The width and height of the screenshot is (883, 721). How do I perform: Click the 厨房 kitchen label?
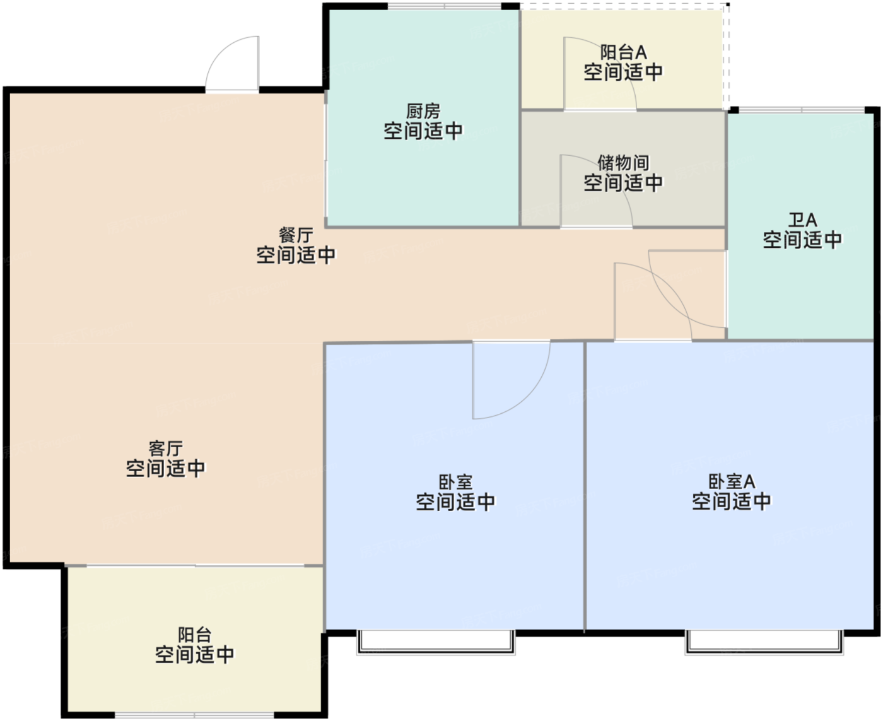tap(423, 112)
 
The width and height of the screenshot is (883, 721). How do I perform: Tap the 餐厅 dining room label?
tap(296, 235)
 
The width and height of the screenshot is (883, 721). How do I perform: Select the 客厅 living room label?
tap(165, 448)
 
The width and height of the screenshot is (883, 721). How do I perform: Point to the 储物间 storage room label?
tap(623, 163)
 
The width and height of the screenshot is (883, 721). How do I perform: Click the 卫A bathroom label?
tap(802, 220)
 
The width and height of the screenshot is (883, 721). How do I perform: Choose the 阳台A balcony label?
tap(623, 52)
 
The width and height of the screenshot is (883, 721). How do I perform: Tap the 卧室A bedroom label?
tap(731, 481)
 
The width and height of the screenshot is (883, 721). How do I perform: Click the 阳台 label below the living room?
tap(194, 635)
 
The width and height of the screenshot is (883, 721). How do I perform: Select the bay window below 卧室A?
tap(764, 642)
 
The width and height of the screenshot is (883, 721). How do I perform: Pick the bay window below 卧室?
tap(436, 642)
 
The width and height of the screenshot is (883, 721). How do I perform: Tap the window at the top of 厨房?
tap(444, 6)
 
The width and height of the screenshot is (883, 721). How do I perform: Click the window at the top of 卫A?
tap(802, 110)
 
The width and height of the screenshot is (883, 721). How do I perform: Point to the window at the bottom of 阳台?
tap(194, 715)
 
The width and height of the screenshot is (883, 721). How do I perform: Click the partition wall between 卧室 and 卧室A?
tap(585, 486)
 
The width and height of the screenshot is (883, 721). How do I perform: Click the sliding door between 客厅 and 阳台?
tap(195, 566)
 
